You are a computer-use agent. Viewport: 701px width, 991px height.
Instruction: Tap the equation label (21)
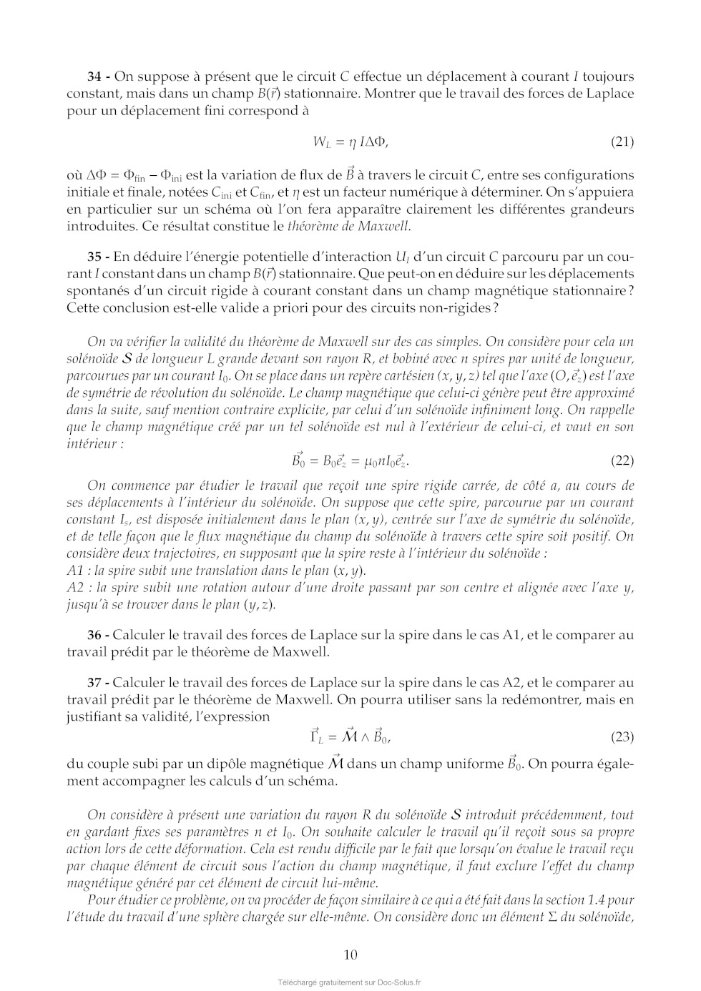[622, 142]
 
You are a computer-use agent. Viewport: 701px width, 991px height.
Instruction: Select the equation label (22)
[622, 460]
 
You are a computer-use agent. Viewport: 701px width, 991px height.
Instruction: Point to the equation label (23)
[622, 736]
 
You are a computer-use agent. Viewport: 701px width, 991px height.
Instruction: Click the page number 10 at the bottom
[350, 955]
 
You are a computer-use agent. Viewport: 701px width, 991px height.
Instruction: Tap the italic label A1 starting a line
[75, 571]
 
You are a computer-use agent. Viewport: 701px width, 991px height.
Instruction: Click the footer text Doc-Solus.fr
[398, 982]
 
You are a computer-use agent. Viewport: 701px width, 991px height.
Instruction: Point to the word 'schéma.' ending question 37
[314, 781]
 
